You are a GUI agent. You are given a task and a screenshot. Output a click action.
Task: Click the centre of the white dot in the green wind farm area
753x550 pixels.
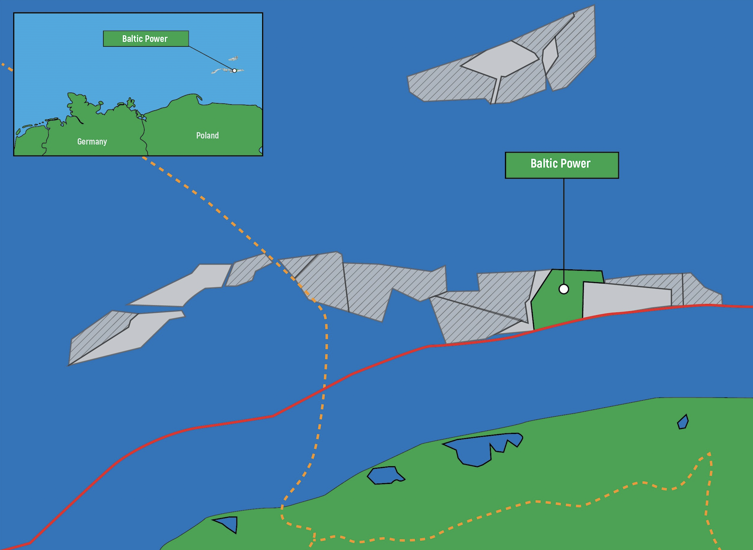(x=564, y=289)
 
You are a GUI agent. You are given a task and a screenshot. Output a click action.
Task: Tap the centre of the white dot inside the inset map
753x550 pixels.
(x=234, y=70)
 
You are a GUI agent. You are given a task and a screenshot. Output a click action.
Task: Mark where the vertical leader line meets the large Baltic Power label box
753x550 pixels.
(x=564, y=178)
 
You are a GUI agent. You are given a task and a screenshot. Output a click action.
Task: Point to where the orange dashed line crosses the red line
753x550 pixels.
(x=324, y=389)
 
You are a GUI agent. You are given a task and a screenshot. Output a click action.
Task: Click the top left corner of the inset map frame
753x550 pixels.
(x=14, y=13)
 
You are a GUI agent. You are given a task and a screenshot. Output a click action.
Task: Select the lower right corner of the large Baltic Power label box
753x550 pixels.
(x=619, y=178)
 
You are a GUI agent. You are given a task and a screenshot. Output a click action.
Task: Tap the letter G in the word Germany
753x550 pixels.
(x=79, y=141)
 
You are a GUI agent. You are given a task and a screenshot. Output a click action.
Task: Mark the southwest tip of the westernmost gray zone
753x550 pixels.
(x=68, y=365)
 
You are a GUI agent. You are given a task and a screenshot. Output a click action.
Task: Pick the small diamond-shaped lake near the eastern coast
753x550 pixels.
(x=683, y=422)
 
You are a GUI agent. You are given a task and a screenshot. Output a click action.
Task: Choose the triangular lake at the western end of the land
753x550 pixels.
(x=228, y=524)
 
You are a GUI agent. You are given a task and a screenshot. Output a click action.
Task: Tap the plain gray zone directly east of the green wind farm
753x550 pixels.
(x=626, y=299)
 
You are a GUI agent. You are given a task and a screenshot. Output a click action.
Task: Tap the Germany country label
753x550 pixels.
(x=92, y=142)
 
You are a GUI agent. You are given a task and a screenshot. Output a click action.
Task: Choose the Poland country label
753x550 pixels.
(x=207, y=136)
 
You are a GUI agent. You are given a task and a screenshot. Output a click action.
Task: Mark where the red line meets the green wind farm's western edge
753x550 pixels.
(x=534, y=330)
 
